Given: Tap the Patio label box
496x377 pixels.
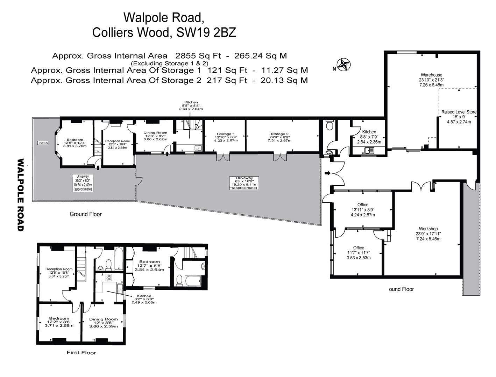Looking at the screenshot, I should coord(43,143).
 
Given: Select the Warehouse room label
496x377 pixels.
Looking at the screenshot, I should coord(431,75).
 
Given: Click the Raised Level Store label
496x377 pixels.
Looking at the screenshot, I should coord(459,112).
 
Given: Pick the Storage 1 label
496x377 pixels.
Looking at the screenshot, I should coord(226,134).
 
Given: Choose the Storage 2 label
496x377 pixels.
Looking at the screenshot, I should coord(279,134).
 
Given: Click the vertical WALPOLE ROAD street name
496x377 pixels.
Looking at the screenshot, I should coord(21,195).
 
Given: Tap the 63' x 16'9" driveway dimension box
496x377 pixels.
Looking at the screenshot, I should coord(244,183).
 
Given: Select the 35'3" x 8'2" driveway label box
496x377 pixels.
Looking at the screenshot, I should coord(83,183).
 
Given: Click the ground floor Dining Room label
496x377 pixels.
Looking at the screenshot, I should coord(155,133).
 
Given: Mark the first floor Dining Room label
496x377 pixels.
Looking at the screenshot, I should coord(103,319).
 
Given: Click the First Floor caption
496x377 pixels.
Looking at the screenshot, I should coord(81,353).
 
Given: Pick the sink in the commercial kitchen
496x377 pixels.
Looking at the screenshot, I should coord(368,151).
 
